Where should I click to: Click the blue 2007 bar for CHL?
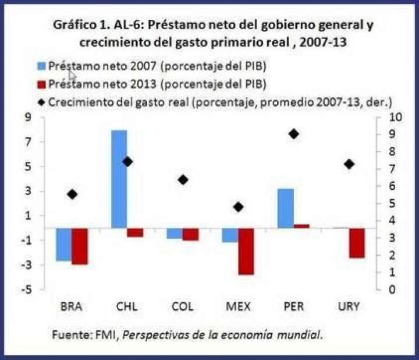tap(119, 179)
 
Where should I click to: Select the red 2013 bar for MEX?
tap(246, 251)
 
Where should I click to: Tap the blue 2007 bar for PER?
tap(285, 208)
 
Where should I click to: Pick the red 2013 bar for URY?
tap(357, 242)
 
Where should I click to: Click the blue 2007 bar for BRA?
tap(64, 244)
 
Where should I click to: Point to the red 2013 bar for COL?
tap(190, 234)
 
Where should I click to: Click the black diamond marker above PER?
tap(293, 134)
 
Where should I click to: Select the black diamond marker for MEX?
tap(238, 207)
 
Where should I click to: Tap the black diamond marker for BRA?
tap(72, 194)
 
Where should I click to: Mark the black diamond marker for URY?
tap(349, 164)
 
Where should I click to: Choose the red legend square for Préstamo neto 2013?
tap(41, 83)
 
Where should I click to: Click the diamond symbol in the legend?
tap(41, 102)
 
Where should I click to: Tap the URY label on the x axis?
tap(349, 306)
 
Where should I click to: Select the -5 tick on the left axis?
tap(25, 290)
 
